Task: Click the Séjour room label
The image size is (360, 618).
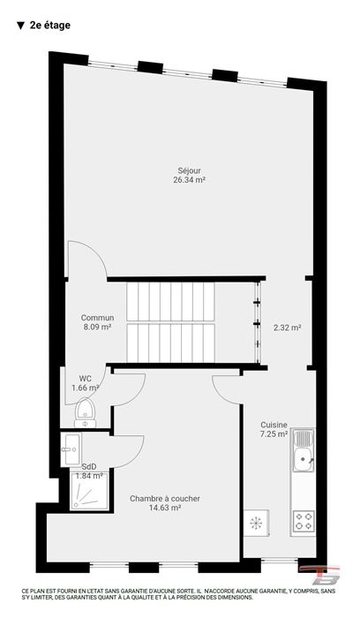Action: [x=190, y=171]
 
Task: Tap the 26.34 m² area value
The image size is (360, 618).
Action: [x=190, y=180]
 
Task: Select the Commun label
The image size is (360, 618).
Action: [x=98, y=318]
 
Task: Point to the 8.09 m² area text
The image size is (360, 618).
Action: [x=97, y=327]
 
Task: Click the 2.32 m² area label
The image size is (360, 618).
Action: [x=288, y=328]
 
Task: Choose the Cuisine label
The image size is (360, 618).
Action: [x=274, y=425]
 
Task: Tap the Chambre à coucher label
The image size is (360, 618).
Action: [x=165, y=499]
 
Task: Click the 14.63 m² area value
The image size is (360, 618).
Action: [x=165, y=508]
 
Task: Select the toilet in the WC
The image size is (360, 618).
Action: [x=85, y=412]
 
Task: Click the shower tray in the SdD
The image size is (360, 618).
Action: [x=89, y=491]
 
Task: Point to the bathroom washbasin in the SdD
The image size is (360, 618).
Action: [x=71, y=448]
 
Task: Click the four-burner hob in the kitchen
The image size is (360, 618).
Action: [x=304, y=520]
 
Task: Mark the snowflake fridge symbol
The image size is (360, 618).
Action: [x=256, y=523]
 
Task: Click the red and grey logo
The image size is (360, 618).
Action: [x=319, y=576]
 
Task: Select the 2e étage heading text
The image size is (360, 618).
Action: [x=50, y=26]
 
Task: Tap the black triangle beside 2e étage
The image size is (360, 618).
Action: [x=20, y=26]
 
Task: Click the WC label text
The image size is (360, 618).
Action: [x=85, y=379]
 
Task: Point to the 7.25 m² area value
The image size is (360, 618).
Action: [x=274, y=434]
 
